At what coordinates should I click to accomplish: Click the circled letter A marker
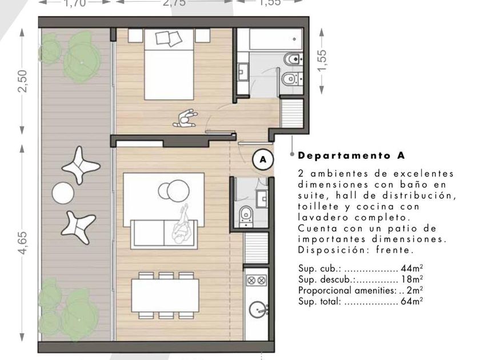[263, 159]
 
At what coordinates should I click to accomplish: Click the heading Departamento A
[351, 155]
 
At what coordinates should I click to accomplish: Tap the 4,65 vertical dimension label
[23, 243]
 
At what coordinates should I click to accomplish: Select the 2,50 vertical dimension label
[23, 81]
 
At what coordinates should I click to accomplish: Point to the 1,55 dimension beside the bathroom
[322, 61]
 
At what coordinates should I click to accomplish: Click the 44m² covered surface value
[412, 268]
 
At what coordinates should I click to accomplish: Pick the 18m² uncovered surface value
[412, 279]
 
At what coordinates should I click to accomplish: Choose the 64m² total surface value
[412, 301]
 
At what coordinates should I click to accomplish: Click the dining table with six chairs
[165, 295]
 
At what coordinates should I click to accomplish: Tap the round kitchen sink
[258, 310]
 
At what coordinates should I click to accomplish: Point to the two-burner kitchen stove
[256, 280]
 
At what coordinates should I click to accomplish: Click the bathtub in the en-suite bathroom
[276, 39]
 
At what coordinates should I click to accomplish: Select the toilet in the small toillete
[246, 213]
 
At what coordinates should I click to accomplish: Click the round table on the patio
[63, 193]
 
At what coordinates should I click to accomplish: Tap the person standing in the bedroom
[186, 118]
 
